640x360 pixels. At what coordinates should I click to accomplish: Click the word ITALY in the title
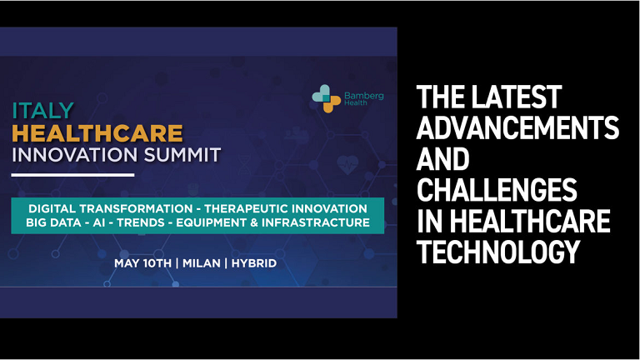click(42, 111)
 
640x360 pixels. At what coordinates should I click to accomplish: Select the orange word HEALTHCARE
click(97, 133)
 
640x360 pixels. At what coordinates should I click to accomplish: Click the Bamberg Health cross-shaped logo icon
click(326, 98)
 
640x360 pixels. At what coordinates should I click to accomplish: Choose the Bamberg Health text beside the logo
click(363, 99)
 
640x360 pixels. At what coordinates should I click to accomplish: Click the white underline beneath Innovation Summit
click(72, 175)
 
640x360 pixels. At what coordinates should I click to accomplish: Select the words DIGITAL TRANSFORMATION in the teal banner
click(110, 208)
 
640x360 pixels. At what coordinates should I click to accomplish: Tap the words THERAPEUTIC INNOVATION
click(285, 208)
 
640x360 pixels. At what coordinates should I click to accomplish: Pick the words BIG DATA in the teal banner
click(53, 222)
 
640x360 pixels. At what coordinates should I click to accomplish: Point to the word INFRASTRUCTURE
click(316, 222)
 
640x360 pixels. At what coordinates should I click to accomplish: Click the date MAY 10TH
click(142, 263)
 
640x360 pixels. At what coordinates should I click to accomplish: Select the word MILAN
click(201, 263)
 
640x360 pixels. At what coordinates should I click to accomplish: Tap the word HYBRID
click(254, 263)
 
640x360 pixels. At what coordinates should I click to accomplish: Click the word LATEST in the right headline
click(517, 97)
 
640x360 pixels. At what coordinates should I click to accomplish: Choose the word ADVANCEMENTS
click(517, 127)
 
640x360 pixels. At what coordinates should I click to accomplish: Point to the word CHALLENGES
click(497, 189)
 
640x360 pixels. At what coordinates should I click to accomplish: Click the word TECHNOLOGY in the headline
click(498, 252)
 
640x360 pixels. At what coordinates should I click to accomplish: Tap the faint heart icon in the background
click(347, 165)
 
